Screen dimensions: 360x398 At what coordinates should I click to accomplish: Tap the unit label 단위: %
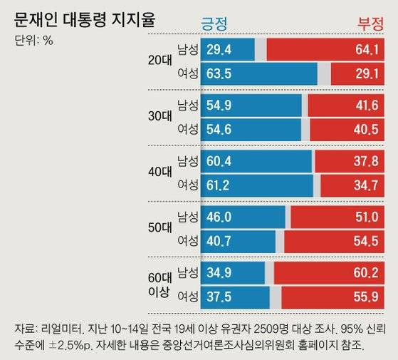33,40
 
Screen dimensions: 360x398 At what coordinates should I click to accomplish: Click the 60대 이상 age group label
159,282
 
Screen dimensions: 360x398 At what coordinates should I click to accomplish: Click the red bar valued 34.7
355,185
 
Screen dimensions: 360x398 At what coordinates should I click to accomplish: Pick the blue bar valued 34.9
234,272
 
